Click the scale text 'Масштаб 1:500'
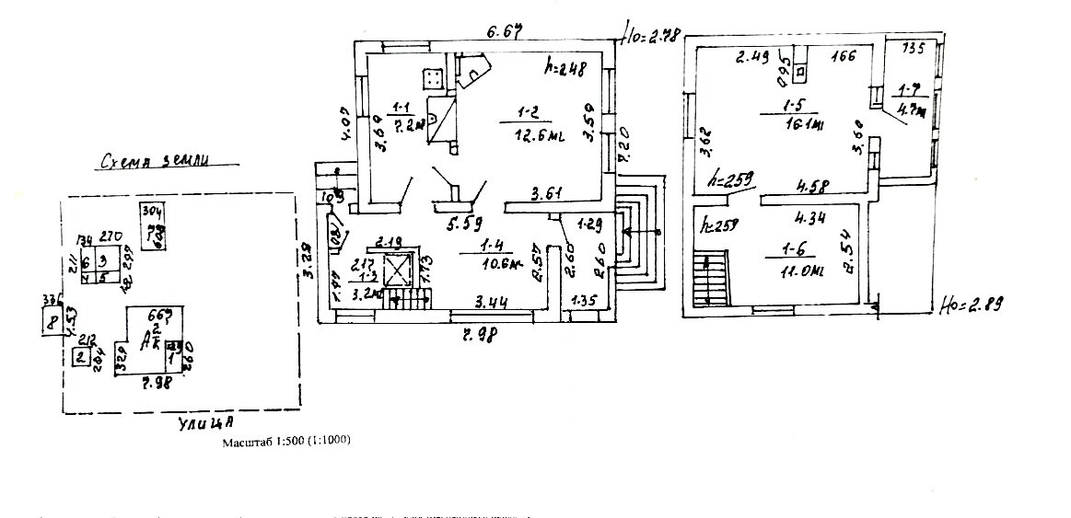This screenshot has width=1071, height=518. [x=286, y=442]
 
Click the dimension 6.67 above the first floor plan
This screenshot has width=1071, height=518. [x=504, y=34]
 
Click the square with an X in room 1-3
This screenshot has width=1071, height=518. [x=398, y=271]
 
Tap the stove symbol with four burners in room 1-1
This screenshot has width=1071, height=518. [x=431, y=77]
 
